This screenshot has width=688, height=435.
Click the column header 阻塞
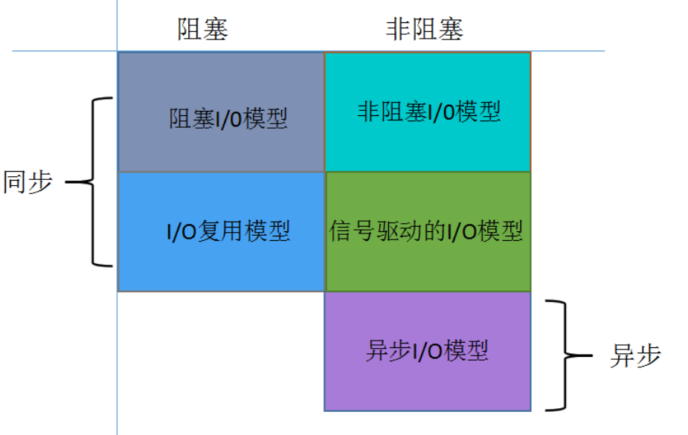pyautogui.click(x=202, y=28)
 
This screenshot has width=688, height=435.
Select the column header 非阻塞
pyautogui.click(x=425, y=28)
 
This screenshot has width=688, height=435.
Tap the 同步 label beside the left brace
pyautogui.click(x=28, y=181)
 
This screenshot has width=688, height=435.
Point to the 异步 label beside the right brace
pyautogui.click(x=635, y=355)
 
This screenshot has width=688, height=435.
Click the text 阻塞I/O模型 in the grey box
pyautogui.click(x=228, y=119)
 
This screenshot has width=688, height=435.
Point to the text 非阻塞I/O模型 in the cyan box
pyautogui.click(x=428, y=112)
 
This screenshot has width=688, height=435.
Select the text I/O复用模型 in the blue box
pyautogui.click(x=228, y=231)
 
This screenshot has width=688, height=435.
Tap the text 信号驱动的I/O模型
pyautogui.click(x=426, y=231)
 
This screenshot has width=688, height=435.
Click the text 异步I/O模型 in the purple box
pyautogui.click(x=427, y=350)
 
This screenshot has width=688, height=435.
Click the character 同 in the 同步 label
pyautogui.click(x=16, y=181)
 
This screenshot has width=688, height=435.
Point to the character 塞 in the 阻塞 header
pyautogui.click(x=216, y=28)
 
